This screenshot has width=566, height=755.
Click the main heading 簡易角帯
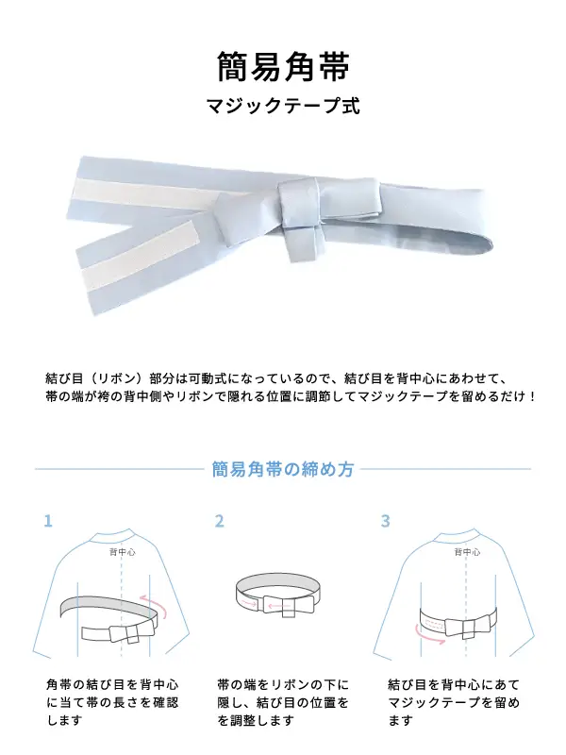pyautogui.click(x=283, y=66)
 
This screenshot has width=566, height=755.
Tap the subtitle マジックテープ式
pyautogui.click(x=283, y=106)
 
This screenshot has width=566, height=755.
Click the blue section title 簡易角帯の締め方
pyautogui.click(x=283, y=469)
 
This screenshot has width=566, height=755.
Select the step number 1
pyautogui.click(x=48, y=521)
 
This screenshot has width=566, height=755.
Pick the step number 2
pyautogui.click(x=220, y=521)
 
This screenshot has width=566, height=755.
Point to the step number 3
pyautogui.click(x=385, y=521)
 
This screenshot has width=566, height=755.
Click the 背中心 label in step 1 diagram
pyautogui.click(x=123, y=552)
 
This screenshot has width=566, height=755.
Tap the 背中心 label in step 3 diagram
pyautogui.click(x=467, y=552)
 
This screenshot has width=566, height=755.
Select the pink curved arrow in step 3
pyautogui.click(x=428, y=636)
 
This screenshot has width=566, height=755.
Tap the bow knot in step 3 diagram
pyautogui.click(x=467, y=627)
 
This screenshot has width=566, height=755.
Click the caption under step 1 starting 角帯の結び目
pyautogui.click(x=112, y=702)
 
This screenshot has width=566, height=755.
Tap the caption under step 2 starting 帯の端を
pyautogui.click(x=283, y=702)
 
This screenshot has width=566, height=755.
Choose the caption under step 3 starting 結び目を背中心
pyautogui.click(x=454, y=702)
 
